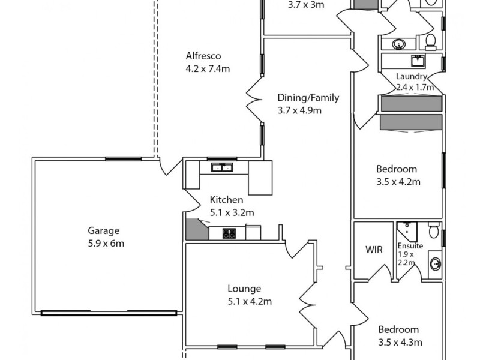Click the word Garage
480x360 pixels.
point(104,230)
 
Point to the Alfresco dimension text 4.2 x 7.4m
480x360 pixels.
point(208,69)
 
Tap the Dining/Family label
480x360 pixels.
point(308,98)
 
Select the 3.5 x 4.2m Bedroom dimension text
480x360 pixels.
point(397,182)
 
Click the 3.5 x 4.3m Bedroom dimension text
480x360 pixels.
point(400,343)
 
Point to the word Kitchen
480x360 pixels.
point(226,200)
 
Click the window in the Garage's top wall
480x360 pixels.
point(123,159)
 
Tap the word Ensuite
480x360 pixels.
point(410,246)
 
